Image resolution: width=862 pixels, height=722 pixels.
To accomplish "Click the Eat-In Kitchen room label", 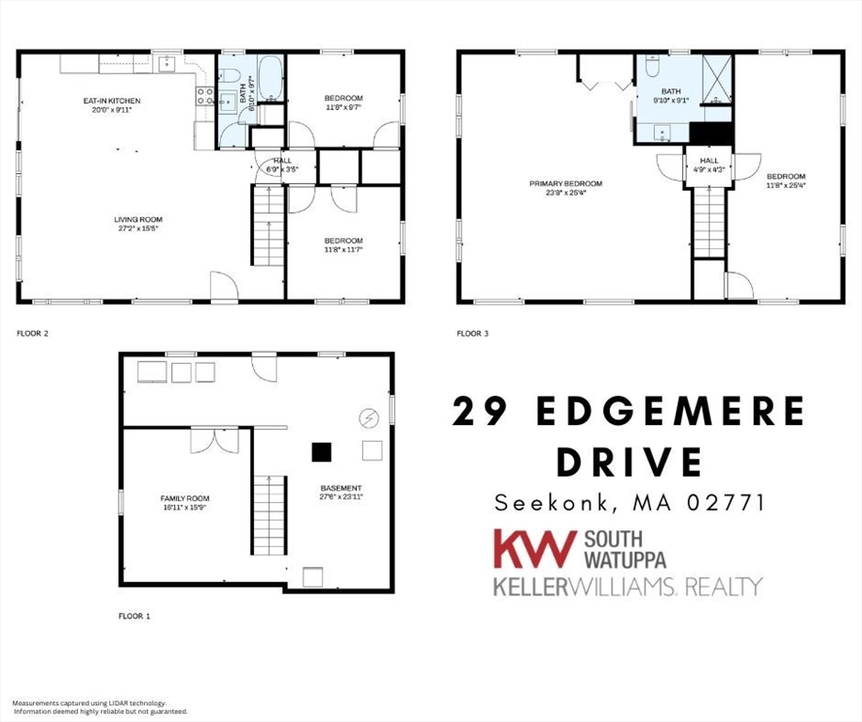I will point(112,103).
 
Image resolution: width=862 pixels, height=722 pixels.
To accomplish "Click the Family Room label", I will point(184,502).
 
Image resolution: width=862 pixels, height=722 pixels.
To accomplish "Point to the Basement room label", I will point(340,492).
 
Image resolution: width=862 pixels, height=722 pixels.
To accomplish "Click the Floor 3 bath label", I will point(671,95).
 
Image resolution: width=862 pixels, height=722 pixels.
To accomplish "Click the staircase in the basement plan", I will point(269,514).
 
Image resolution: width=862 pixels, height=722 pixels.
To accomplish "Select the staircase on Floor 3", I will point(709,222).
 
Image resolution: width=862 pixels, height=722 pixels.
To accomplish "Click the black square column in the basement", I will point(323,452).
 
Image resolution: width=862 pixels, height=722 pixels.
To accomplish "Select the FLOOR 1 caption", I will point(134,617).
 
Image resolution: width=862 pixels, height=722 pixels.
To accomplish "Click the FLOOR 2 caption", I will point(33,333).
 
